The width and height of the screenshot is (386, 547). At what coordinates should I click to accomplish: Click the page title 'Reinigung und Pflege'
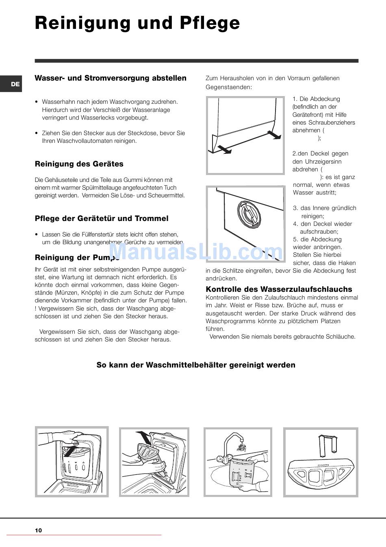click(x=137, y=23)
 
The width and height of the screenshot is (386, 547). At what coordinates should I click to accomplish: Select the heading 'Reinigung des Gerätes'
click(x=79, y=164)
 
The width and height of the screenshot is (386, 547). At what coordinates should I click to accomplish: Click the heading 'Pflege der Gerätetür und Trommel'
click(x=102, y=219)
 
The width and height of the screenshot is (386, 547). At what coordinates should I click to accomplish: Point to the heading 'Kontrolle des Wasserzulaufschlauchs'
click(x=279, y=289)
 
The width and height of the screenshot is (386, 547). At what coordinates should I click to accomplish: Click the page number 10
click(x=38, y=530)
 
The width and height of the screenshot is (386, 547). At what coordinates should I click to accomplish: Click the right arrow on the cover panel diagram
click(x=274, y=135)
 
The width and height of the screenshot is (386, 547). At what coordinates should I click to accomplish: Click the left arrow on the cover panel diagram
click(x=224, y=149)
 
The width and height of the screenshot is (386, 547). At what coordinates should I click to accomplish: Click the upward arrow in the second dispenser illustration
click(x=143, y=438)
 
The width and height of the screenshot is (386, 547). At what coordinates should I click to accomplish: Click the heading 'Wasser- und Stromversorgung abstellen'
click(x=111, y=78)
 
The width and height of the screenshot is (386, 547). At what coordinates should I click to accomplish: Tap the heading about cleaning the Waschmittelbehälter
click(x=196, y=365)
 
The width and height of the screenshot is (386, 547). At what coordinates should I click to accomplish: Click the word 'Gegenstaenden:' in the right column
click(x=229, y=87)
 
